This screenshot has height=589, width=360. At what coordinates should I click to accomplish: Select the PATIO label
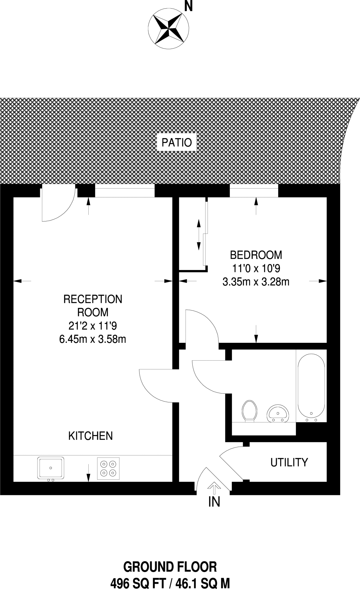click(x=176, y=143)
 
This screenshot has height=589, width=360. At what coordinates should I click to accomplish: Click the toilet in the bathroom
click(x=249, y=411)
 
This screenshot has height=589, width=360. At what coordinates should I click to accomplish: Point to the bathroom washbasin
click(x=277, y=414)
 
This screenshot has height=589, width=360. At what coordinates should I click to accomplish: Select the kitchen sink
click(x=51, y=468)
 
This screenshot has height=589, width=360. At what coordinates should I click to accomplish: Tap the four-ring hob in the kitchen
click(x=108, y=468)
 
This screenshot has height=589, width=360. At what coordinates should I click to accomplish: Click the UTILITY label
click(x=289, y=462)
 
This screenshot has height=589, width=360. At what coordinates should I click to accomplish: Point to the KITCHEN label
click(x=90, y=436)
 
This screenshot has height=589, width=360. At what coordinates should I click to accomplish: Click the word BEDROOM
click(x=256, y=255)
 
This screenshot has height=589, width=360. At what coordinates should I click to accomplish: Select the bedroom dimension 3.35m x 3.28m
click(x=256, y=282)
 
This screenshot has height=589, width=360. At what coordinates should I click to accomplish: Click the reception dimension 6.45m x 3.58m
click(x=92, y=339)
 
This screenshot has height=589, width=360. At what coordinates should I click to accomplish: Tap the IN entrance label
click(x=214, y=502)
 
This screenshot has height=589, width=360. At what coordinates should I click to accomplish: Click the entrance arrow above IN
click(x=214, y=486)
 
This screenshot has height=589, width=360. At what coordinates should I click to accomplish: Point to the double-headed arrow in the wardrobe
click(x=198, y=235)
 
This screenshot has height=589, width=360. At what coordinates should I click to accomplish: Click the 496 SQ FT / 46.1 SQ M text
click(x=170, y=584)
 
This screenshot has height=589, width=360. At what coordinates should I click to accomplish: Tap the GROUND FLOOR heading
click(x=170, y=567)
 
